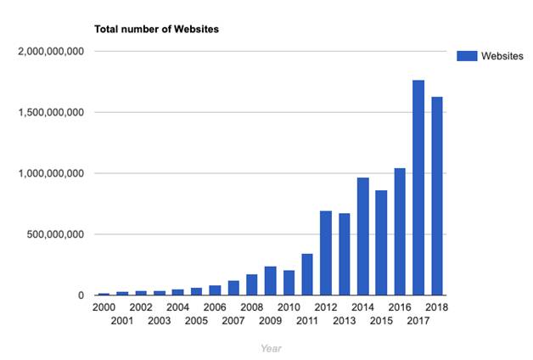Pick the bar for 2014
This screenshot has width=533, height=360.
pos(363,237)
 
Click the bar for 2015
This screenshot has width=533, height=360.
pos(381,243)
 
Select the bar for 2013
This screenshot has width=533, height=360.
pos(345,255)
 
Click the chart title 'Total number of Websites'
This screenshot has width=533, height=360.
pos(156,30)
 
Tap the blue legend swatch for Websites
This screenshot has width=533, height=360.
pos(466,56)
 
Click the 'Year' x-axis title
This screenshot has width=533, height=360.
pos(272,347)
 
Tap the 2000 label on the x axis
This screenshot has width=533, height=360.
pos(104,307)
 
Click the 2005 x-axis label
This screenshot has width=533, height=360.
pos(196,320)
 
